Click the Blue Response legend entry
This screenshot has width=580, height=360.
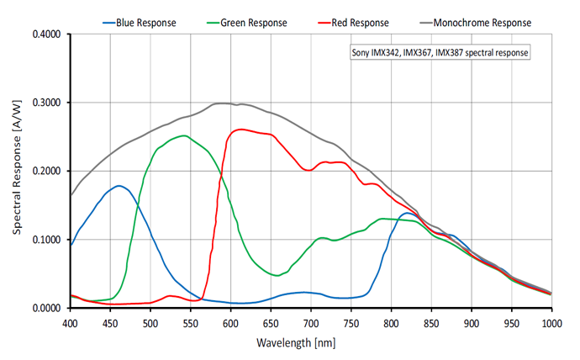140,23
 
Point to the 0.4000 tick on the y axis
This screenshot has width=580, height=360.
49,34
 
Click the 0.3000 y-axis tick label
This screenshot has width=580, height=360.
49,103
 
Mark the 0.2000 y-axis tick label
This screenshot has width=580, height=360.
49,172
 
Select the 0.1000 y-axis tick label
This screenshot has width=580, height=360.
49,240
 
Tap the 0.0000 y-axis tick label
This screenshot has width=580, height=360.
49,308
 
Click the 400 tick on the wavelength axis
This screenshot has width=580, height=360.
71,323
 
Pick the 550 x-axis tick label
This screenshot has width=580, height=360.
191,323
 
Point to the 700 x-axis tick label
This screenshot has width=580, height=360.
311,323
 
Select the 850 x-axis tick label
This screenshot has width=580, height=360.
431,323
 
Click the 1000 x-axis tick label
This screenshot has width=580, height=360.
551,323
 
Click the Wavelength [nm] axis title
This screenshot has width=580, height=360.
310,343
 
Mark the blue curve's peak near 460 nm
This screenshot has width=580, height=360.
119,186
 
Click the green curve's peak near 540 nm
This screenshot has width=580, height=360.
182,135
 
